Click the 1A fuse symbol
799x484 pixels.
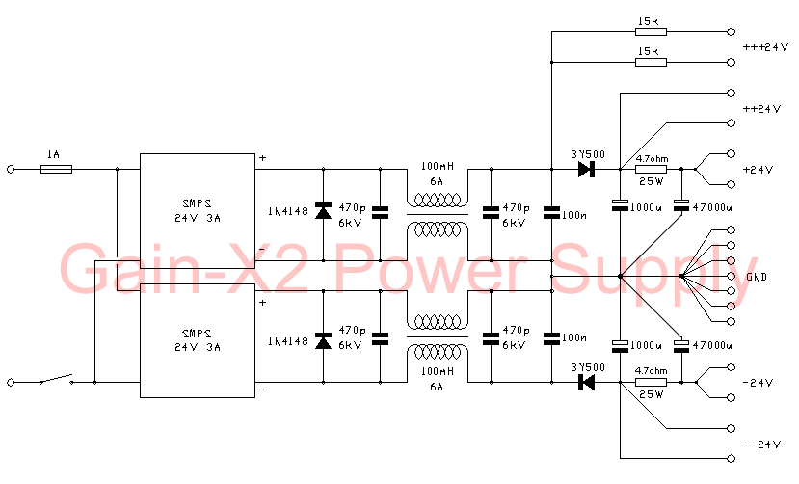tap(57, 169)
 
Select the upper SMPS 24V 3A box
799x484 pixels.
tap(199, 207)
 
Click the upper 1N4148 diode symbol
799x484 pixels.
tap(323, 208)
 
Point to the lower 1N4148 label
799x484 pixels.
tap(287, 340)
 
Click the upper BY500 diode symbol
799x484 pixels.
tap(585, 169)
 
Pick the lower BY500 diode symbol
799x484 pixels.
tap(585, 383)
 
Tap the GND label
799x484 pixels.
tap(757, 277)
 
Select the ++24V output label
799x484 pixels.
tap(761, 109)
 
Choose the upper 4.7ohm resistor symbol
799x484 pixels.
tap(651, 169)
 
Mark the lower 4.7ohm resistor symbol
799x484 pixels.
tap(651, 383)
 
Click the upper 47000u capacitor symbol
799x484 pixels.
tap(681, 204)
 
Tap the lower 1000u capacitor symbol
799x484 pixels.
tap(620, 343)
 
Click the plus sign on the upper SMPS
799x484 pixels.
tap(261, 157)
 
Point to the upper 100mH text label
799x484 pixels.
tap(437, 166)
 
